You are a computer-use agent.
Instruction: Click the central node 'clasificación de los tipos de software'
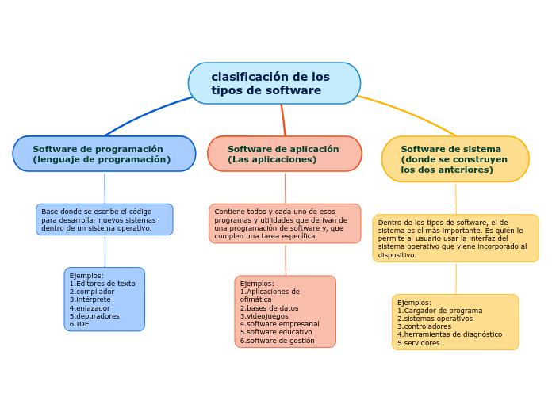pos(274,83)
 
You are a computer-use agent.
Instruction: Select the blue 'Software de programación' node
pos(104,154)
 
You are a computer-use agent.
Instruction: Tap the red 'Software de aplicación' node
pos(284,154)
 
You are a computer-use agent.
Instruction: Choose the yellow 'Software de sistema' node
pos(454,158)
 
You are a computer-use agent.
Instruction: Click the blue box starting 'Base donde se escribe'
pos(104,219)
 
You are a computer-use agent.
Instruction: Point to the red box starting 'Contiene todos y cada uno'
pos(284,223)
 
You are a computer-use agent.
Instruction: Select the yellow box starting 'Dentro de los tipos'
pos(454,238)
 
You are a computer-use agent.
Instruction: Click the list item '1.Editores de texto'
pos(102,284)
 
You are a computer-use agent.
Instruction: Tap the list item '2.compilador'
pos(92,292)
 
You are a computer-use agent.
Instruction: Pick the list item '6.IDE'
pos(79,324)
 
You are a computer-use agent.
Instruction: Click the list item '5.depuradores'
pos(94,315)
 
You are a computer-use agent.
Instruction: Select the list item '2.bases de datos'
pos(270,308)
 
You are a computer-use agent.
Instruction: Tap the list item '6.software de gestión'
pos(278,341)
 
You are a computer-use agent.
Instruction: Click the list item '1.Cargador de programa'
pos(439,311)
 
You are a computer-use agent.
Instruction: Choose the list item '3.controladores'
pos(424,326)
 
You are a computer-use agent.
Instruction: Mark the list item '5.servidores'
pos(419,343)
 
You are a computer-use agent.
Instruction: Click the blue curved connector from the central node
pos(143,116)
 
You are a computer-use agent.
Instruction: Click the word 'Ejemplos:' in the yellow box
pos(414,302)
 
